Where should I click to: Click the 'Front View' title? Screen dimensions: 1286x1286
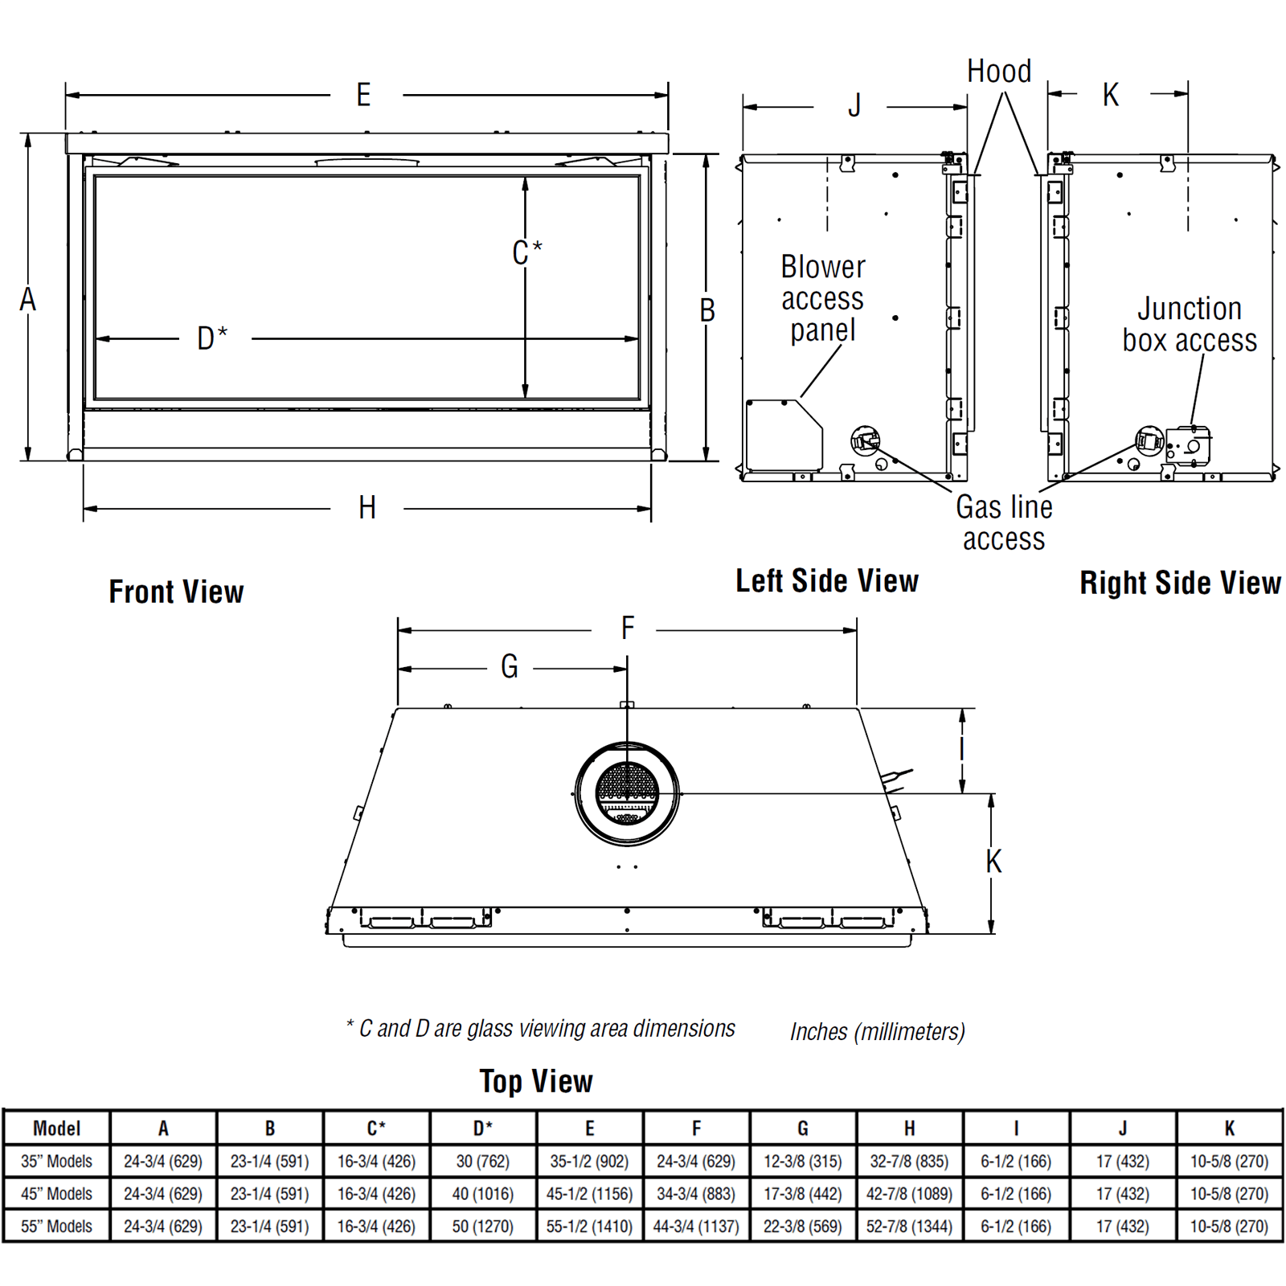point(176,592)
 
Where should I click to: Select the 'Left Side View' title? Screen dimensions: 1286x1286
point(827,581)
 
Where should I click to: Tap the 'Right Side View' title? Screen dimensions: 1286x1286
point(1179,584)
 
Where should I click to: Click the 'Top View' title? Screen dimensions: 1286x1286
point(536,1082)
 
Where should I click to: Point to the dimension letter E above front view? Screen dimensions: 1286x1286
point(364,96)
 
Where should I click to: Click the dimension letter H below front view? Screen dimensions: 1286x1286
point(367,508)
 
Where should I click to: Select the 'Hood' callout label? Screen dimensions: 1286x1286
point(999,72)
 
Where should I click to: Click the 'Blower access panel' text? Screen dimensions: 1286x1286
point(822,298)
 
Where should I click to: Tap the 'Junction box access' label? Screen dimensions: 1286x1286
point(1190,325)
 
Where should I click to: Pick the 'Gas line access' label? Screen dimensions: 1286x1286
point(1004,522)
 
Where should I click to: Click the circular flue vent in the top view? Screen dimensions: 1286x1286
point(627,794)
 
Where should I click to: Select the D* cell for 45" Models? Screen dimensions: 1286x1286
point(482,1194)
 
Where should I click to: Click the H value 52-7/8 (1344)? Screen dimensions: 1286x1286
point(909,1227)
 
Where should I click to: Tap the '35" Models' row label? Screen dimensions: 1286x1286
point(56,1161)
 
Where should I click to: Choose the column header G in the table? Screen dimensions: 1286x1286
point(802,1128)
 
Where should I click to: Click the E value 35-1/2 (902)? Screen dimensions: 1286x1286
point(589,1161)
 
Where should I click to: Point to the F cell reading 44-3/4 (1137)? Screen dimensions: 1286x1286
point(696,1227)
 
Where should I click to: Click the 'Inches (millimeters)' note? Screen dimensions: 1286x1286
point(877,1032)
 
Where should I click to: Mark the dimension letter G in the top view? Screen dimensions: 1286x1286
point(510,667)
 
